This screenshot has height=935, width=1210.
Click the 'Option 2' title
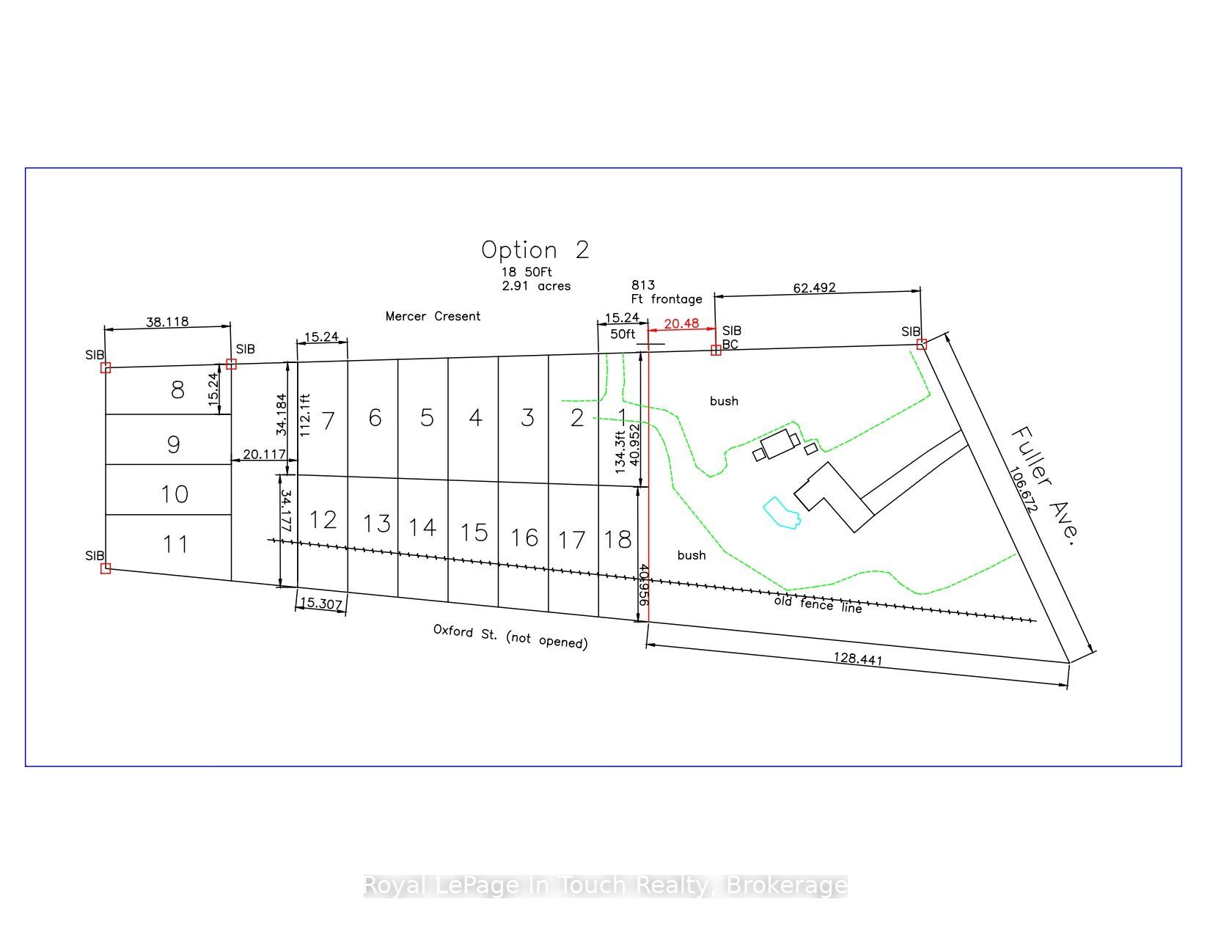tap(535, 250)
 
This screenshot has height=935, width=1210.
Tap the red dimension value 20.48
tap(681, 323)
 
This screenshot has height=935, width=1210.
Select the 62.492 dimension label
tap(814, 287)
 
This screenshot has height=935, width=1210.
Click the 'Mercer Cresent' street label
tap(433, 316)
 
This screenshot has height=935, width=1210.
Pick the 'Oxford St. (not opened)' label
tap(510, 636)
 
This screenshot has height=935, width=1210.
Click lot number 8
tap(177, 390)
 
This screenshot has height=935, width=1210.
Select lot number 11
tap(175, 544)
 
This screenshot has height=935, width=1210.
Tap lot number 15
tap(474, 533)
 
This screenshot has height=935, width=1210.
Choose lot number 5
tap(427, 418)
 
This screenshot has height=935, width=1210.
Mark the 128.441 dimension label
tap(857, 659)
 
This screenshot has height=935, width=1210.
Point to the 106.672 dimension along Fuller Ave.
tap(1024, 489)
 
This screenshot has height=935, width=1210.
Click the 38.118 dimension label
tap(167, 321)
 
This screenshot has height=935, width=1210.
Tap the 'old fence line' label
tap(818, 604)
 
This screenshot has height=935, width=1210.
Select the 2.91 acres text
tap(536, 286)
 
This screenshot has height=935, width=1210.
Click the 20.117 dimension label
tap(264, 455)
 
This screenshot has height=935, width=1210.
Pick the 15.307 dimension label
tap(320, 603)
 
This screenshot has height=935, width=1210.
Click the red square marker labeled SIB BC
tap(716, 350)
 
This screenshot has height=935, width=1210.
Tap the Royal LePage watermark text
tap(605, 885)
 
